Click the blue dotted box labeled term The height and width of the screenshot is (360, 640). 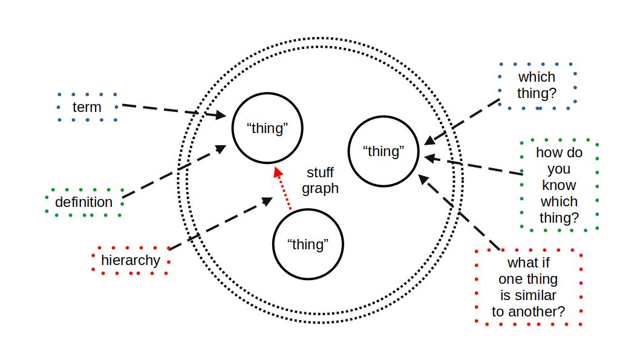[x=87, y=108]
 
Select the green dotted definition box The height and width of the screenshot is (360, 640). [x=84, y=202]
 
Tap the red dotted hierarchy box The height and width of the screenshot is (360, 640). [x=130, y=261]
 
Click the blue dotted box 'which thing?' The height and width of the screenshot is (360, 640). [x=536, y=85]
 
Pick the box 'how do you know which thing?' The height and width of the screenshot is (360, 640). [x=558, y=185]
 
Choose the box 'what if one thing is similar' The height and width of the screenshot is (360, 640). [x=528, y=287]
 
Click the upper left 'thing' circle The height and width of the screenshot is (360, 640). [x=267, y=128]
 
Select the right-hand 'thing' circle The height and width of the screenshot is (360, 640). [x=384, y=151]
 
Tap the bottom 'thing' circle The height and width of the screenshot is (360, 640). [x=308, y=244]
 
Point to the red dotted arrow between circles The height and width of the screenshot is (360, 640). [x=283, y=189]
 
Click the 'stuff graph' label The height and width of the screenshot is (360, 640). [x=320, y=180]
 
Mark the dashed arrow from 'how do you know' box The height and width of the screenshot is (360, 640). [x=475, y=166]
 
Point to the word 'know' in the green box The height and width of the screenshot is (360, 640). [x=558, y=185]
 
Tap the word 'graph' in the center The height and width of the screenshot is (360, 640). [x=320, y=188]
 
